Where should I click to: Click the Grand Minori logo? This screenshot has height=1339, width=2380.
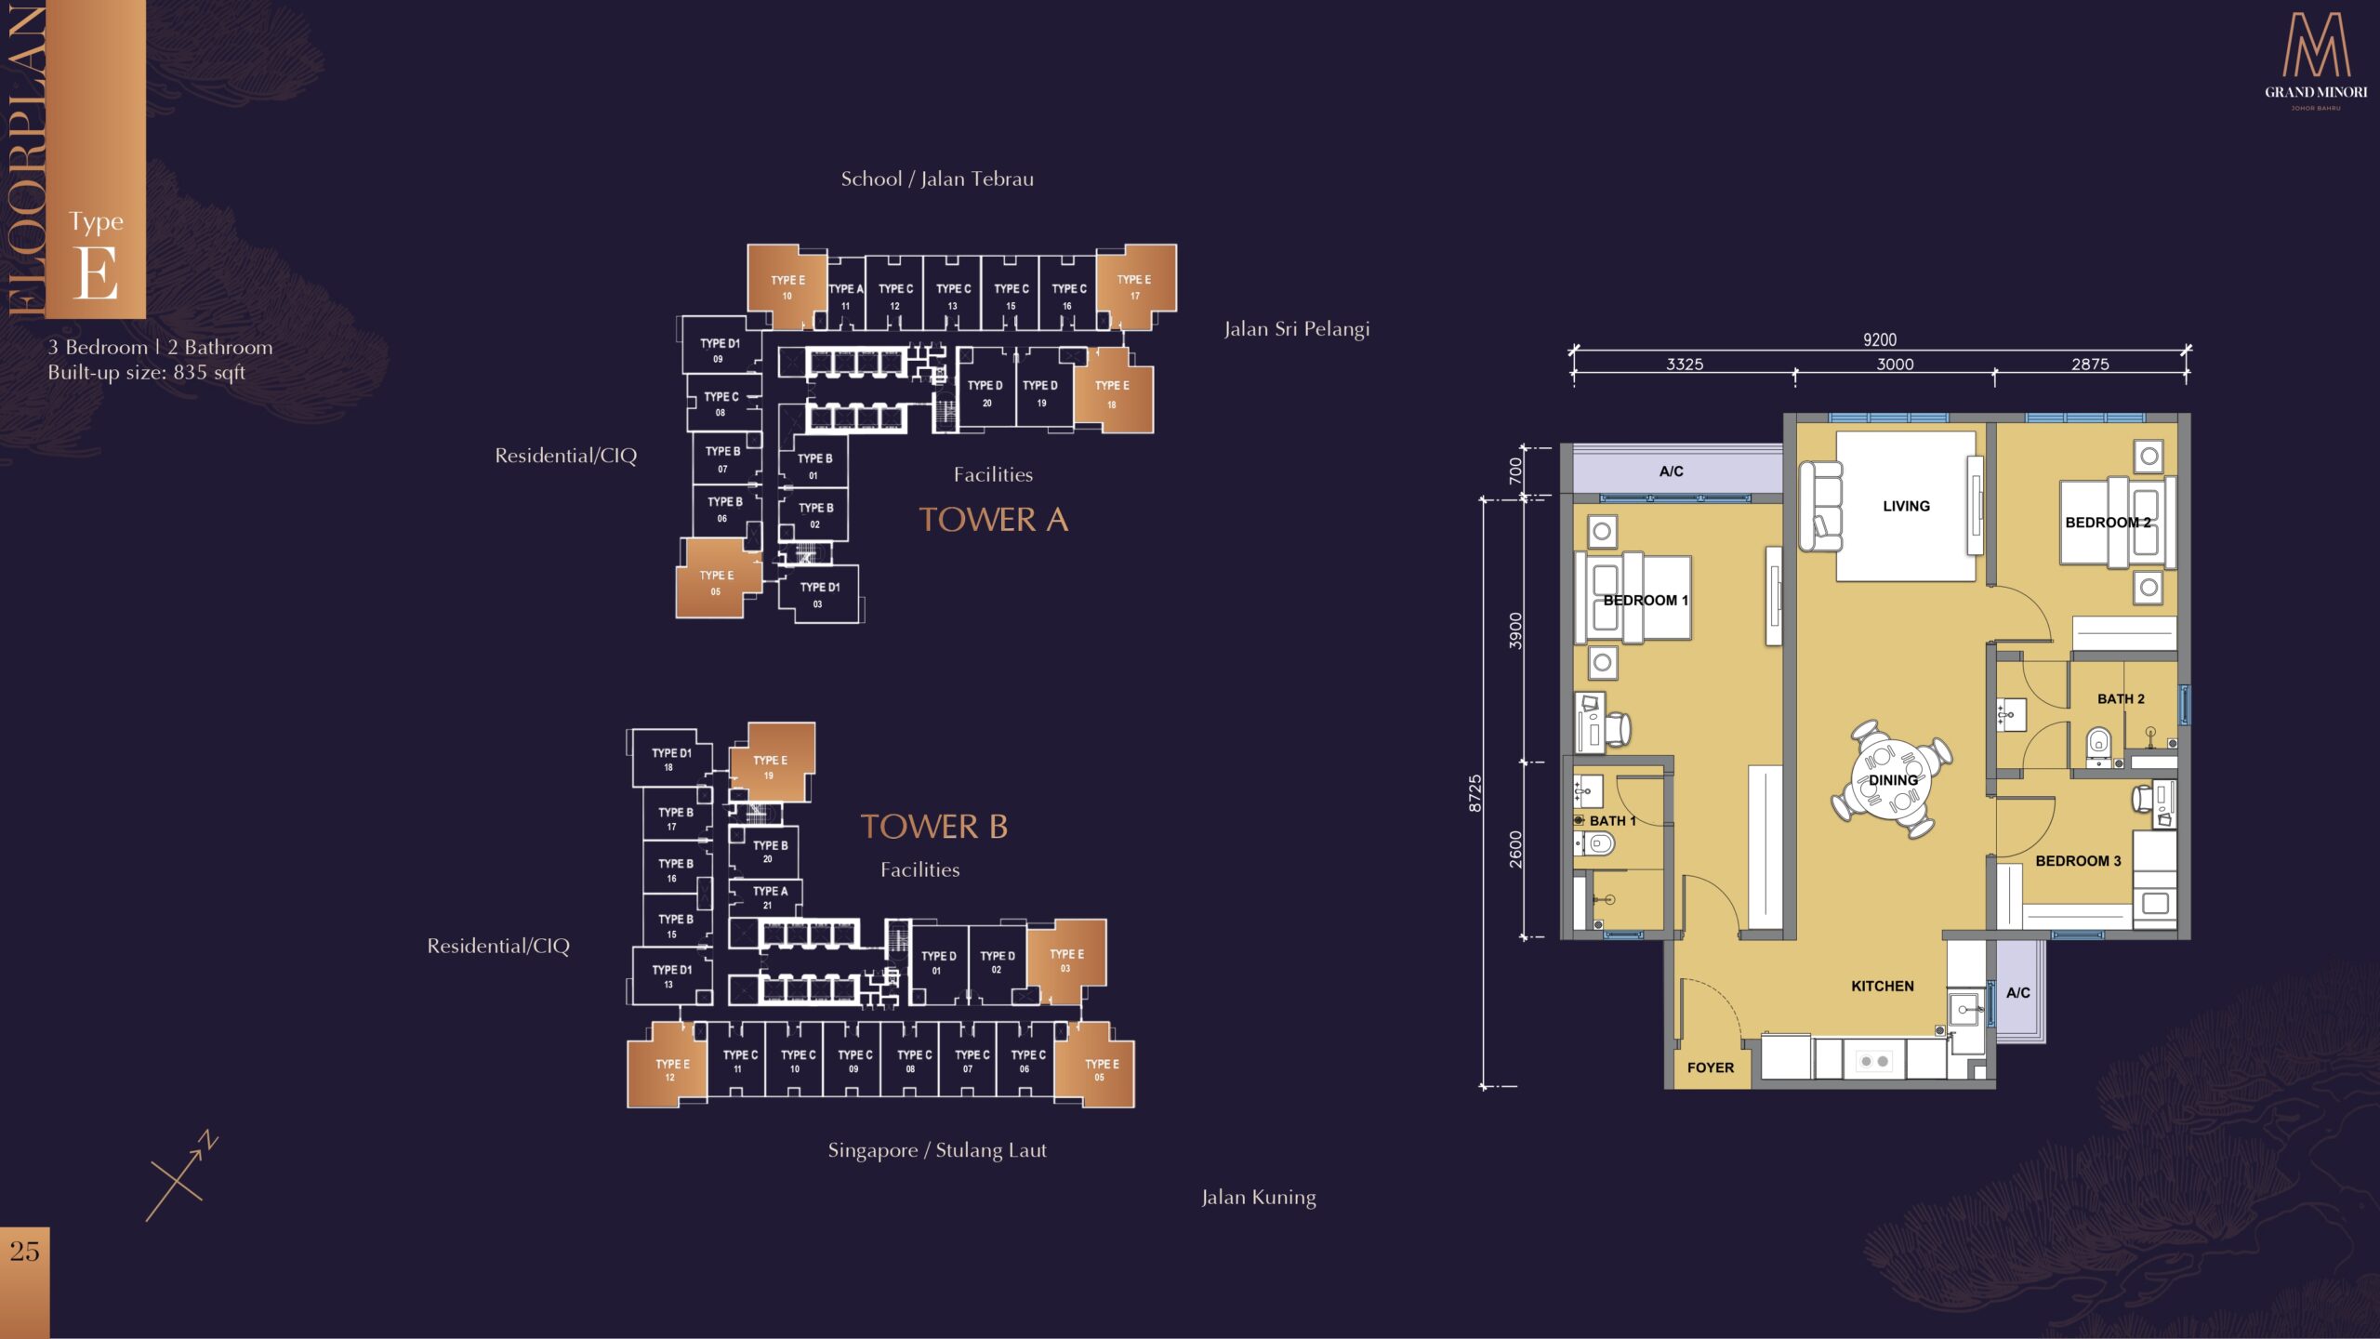coord(2316,61)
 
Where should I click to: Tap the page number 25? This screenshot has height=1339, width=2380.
coord(25,1252)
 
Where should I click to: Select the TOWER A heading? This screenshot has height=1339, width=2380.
coord(993,520)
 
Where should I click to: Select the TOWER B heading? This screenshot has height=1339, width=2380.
coord(934,827)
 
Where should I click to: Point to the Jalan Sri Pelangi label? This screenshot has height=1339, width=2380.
coord(1297,329)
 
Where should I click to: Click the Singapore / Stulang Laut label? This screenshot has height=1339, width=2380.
coord(937,1150)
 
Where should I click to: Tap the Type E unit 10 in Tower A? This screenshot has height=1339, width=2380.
coord(787,286)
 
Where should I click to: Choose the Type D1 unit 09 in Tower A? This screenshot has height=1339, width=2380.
coord(721,344)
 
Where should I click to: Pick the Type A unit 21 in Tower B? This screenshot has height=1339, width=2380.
coord(768,897)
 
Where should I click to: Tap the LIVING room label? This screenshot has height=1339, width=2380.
coord(1906,506)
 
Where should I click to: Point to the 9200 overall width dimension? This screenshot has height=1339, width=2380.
coord(1880,340)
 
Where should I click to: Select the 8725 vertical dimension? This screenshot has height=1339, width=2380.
coord(1475,793)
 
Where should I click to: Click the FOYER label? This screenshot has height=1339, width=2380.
coord(1711,1067)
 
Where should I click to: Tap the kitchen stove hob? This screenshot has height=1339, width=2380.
coord(1874,1061)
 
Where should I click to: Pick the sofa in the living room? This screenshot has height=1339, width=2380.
coord(1820,506)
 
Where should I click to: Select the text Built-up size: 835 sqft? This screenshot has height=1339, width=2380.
coord(147,373)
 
